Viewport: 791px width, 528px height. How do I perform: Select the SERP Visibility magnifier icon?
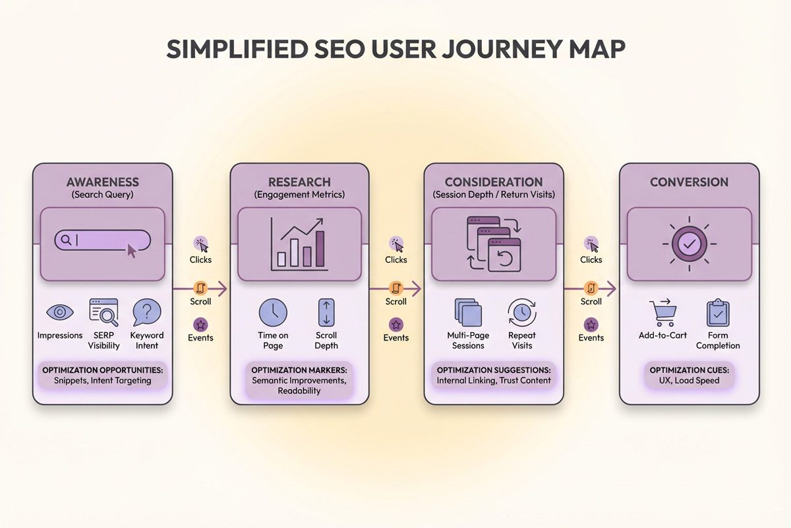[103, 312]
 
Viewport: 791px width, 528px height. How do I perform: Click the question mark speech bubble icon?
[146, 312]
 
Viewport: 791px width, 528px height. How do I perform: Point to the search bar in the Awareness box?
[102, 240]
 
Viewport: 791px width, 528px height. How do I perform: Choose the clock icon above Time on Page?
[273, 312]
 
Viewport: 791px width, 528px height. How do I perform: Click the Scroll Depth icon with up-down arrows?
[326, 312]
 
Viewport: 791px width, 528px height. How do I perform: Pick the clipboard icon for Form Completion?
[717, 312]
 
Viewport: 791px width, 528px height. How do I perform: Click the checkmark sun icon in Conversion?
[689, 244]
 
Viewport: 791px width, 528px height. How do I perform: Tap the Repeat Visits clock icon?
[522, 312]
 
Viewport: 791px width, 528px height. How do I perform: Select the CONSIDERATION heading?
[494, 182]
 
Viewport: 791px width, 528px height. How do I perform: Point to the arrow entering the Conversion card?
[609, 288]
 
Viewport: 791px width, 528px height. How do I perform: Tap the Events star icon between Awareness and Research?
[200, 324]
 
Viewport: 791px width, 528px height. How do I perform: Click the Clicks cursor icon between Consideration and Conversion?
[592, 244]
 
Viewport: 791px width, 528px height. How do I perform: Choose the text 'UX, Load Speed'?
[688, 381]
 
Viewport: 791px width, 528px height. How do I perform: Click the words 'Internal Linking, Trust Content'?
[494, 381]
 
